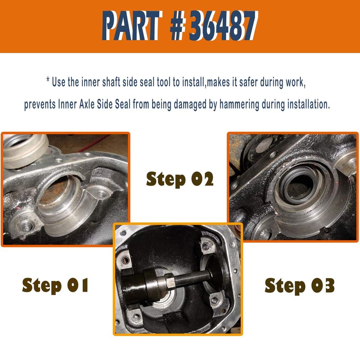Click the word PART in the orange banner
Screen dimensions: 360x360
tap(130, 25)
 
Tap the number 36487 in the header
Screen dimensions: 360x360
tap(223, 25)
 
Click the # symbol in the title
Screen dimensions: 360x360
tap(178, 25)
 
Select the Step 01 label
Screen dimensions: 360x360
tap(55, 285)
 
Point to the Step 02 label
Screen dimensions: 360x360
tap(180, 179)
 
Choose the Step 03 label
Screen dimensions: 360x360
tap(299, 286)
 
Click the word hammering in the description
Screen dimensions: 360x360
tap(239, 104)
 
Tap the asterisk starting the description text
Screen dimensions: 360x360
tap(48, 80)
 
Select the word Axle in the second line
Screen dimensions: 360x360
tap(87, 104)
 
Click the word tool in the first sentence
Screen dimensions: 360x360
tap(164, 82)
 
